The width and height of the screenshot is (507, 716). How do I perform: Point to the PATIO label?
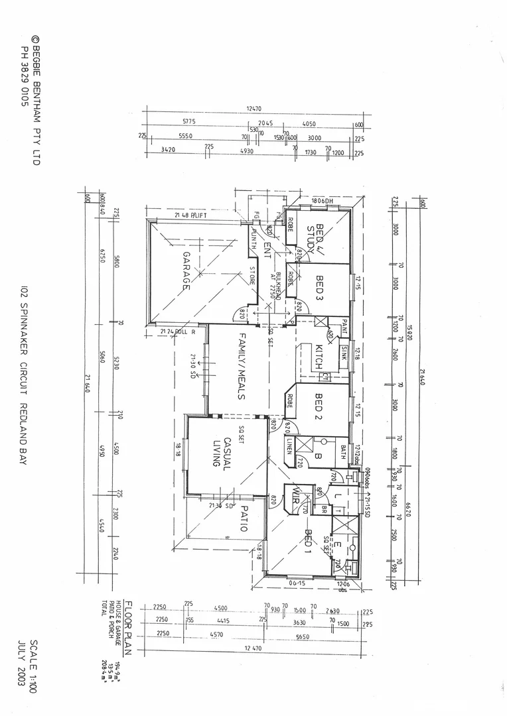pos(243,518)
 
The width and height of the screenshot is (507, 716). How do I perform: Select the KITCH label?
pos(319,358)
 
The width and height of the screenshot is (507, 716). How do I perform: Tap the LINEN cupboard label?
pos(291,449)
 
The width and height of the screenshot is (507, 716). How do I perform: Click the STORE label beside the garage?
pos(252,275)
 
